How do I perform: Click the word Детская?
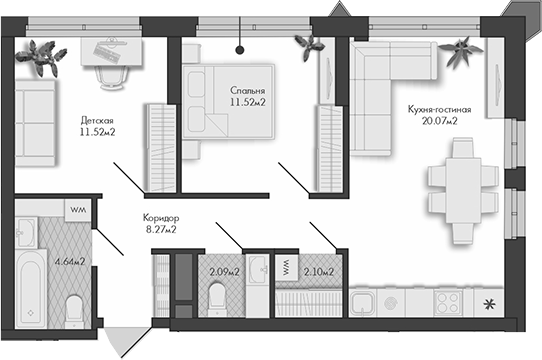pyautogui.click(x=98, y=121)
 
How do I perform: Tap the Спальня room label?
pyautogui.click(x=246, y=90)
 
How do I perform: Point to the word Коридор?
pyautogui.click(x=160, y=218)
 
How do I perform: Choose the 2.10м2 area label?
pyautogui.click(x=318, y=270)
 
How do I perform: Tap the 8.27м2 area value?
pyautogui.click(x=160, y=230)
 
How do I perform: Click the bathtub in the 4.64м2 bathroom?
pyautogui.click(x=32, y=285)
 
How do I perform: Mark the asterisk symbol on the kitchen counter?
pyautogui.click(x=489, y=304)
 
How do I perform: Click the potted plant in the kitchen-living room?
pyautogui.click(x=462, y=48)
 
